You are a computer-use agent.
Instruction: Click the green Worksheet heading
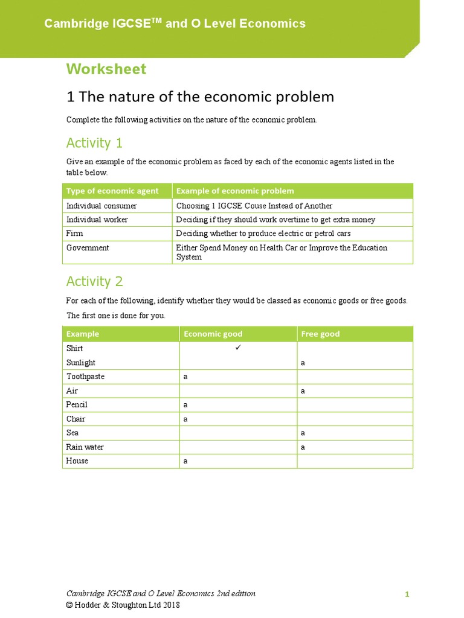point(106,69)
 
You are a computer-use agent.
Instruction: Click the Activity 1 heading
point(94,143)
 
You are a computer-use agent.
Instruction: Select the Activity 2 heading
point(94,281)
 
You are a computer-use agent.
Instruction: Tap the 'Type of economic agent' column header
point(112,191)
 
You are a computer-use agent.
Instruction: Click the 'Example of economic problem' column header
point(234,191)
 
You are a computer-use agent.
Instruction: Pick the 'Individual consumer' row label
point(101,206)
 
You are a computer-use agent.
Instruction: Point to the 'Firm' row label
point(75,234)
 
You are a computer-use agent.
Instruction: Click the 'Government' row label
point(88,248)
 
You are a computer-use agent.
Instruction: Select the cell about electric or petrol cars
point(263,234)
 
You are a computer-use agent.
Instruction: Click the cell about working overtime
point(275,220)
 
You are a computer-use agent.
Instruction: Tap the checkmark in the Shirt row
point(238,348)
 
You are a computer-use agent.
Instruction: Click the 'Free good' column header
point(320,334)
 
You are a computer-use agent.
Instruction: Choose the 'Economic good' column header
point(213,334)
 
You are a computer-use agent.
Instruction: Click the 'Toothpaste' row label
point(85,377)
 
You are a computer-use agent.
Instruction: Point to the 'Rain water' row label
point(85,447)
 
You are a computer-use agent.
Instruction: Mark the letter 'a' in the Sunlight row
point(303,363)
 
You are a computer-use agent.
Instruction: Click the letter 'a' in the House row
point(186,461)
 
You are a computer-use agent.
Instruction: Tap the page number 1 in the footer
point(407,594)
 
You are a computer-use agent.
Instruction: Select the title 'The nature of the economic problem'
point(200,97)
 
